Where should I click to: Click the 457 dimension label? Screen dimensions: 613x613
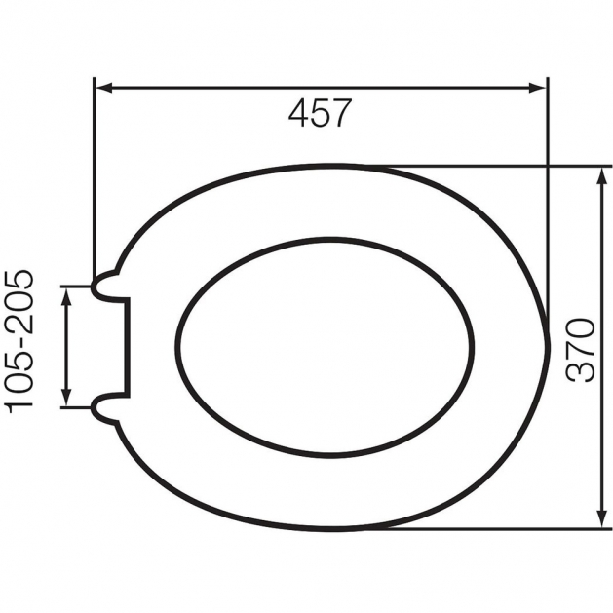click(x=321, y=113)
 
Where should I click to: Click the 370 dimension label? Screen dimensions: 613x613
click(x=580, y=350)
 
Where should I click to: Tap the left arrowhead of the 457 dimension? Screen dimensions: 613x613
click(x=104, y=88)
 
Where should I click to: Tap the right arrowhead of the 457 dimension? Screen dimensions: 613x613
click(x=537, y=88)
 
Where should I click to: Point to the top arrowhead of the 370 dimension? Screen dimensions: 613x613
click(x=600, y=176)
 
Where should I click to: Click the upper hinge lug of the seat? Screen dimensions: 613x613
click(x=105, y=286)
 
